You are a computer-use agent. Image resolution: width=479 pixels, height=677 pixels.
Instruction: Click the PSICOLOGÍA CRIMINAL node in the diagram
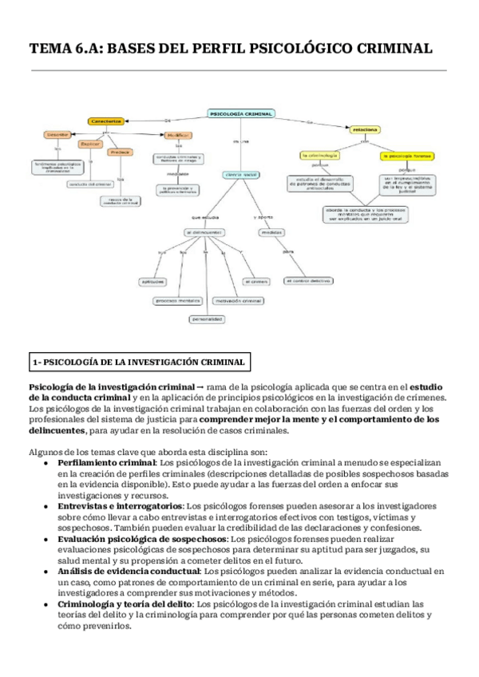click(240, 113)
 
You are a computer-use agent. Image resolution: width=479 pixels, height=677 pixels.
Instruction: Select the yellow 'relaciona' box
click(365, 128)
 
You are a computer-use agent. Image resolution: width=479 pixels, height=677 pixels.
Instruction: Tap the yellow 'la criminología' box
click(319, 155)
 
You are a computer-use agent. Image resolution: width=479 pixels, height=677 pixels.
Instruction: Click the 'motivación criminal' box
click(239, 300)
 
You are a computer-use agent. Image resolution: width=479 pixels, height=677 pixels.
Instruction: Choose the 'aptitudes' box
click(152, 281)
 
